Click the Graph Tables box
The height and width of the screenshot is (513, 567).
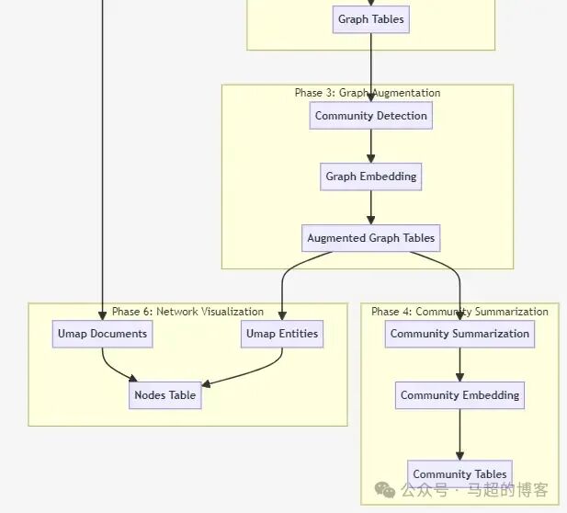tap(370, 19)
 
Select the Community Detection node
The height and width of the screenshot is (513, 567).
tap(370, 116)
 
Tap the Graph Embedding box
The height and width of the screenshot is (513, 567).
tap(370, 177)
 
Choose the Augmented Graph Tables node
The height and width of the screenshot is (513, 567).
tap(370, 238)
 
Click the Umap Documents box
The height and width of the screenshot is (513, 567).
tap(102, 334)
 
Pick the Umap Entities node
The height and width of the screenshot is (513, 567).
tap(282, 334)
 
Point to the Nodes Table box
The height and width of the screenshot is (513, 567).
tap(165, 395)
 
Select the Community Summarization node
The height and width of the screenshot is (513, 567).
tap(459, 334)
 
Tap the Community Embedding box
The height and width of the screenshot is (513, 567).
tap(459, 395)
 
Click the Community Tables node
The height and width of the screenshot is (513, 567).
tap(459, 474)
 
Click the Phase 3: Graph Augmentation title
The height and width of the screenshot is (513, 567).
tap(367, 93)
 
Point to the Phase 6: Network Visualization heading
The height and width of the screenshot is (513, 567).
tap(187, 312)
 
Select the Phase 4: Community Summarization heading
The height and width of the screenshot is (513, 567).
tap(459, 312)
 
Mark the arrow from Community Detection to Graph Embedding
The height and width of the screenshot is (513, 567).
tap(371, 146)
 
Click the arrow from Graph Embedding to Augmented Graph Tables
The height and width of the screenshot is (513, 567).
tap(371, 207)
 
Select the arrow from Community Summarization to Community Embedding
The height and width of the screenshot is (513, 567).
tap(459, 364)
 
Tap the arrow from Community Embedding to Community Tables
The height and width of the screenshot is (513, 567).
tap(459, 434)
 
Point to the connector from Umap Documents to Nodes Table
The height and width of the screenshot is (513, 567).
tap(114, 370)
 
